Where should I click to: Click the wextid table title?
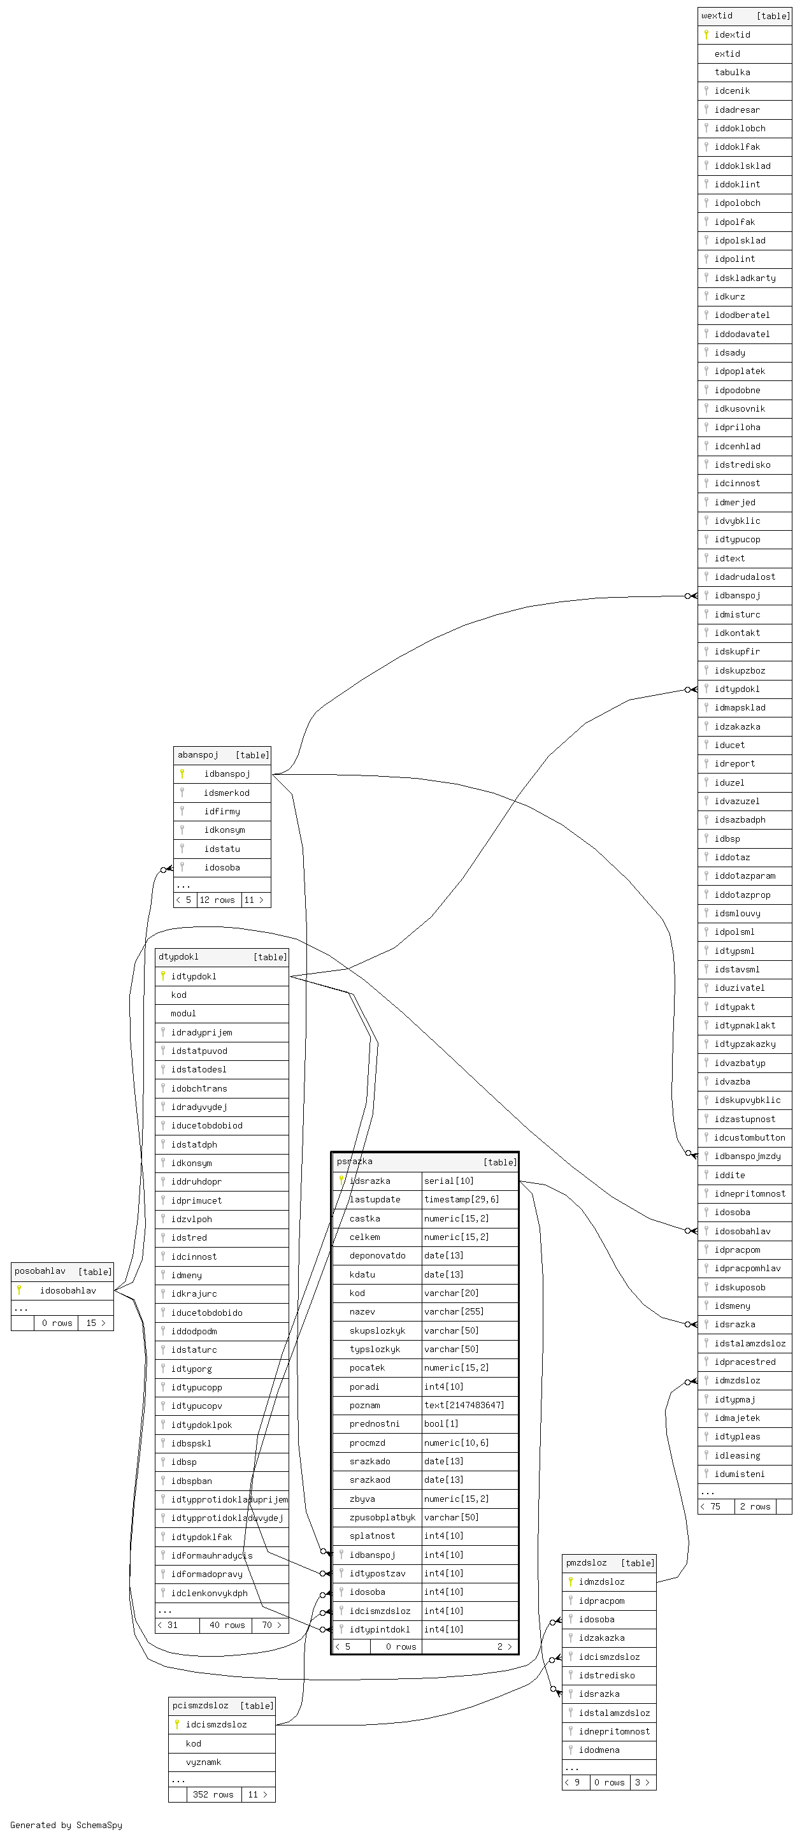717,16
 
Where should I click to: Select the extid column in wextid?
727,54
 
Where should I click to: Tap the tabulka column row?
732,72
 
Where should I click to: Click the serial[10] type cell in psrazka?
448,1181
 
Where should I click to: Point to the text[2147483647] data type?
463,1405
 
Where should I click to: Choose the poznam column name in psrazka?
364,1405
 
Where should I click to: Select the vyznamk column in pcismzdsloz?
203,1761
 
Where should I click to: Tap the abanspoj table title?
197,754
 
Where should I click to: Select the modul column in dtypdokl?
183,1013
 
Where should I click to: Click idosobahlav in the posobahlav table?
68,1290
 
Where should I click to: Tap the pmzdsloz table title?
585,1562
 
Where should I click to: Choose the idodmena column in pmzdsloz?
599,1749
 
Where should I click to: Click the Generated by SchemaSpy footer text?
66,1825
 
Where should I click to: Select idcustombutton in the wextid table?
749,1137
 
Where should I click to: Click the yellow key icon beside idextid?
706,34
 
